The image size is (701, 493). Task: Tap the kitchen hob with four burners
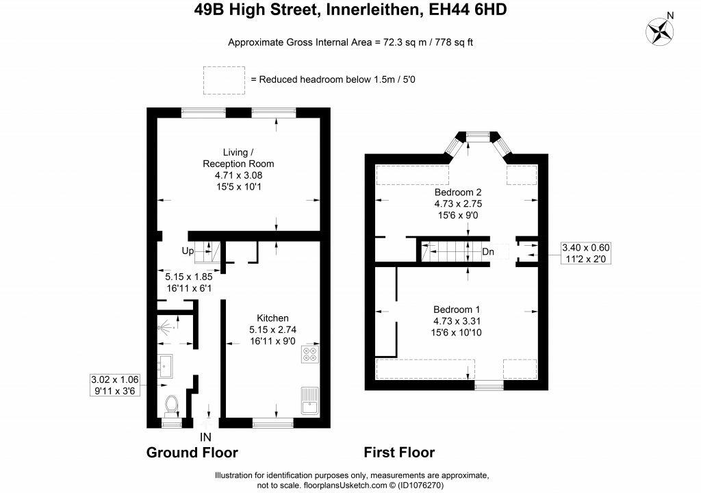pyautogui.click(x=310, y=354)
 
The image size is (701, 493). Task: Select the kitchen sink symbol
pyautogui.click(x=310, y=401)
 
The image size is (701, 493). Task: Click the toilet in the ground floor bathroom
pyautogui.click(x=171, y=405)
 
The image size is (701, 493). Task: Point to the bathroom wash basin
pyautogui.click(x=165, y=366)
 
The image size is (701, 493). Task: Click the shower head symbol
pyautogui.click(x=166, y=328)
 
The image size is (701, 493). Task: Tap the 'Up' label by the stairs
pyautogui.click(x=188, y=251)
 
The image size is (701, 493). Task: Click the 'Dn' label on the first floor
pyautogui.click(x=488, y=252)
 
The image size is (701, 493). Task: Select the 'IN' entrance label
pyautogui.click(x=205, y=437)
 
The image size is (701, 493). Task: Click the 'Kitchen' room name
pyautogui.click(x=272, y=318)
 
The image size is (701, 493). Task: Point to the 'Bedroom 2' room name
pyautogui.click(x=458, y=192)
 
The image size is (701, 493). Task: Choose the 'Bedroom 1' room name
pyautogui.click(x=457, y=309)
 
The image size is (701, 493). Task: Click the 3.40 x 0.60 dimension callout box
pyautogui.click(x=586, y=253)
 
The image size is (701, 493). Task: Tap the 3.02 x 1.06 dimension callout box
pyautogui.click(x=115, y=385)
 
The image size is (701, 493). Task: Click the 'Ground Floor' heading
pyautogui.click(x=192, y=453)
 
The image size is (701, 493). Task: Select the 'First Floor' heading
pyautogui.click(x=399, y=453)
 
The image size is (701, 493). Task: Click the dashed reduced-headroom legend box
pyautogui.click(x=224, y=81)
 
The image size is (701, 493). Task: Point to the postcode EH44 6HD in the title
pyautogui.click(x=468, y=10)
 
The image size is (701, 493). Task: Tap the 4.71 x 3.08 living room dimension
pyautogui.click(x=238, y=175)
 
